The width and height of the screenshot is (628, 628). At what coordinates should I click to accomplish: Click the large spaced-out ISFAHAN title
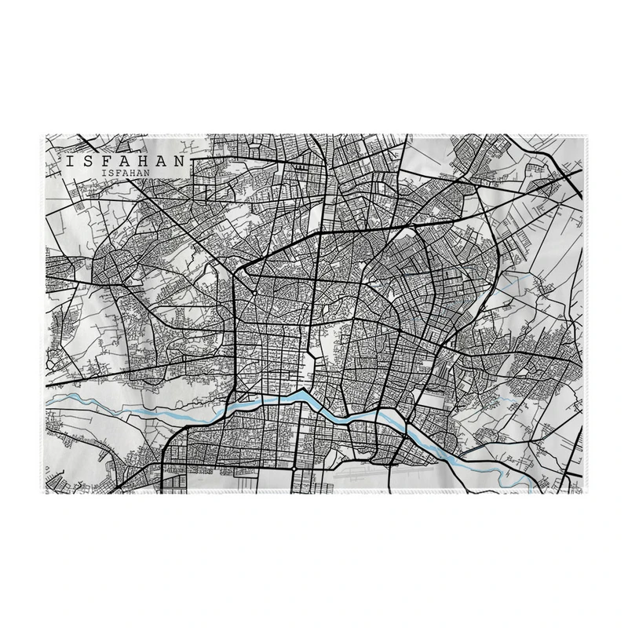[x=126, y=159]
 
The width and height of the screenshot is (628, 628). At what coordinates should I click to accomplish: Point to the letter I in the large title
[x=70, y=159]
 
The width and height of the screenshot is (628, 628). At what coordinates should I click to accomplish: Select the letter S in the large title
[x=88, y=159]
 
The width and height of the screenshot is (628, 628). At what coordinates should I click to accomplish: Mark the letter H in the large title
[x=144, y=159]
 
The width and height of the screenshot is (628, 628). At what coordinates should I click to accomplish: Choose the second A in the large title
[x=162, y=159]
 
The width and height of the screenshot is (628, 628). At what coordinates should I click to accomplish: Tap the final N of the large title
[x=181, y=159]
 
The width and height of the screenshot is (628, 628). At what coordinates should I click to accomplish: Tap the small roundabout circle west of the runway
[x=294, y=469]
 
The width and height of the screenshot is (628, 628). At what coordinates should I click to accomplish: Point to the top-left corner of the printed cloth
[x=46, y=135]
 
